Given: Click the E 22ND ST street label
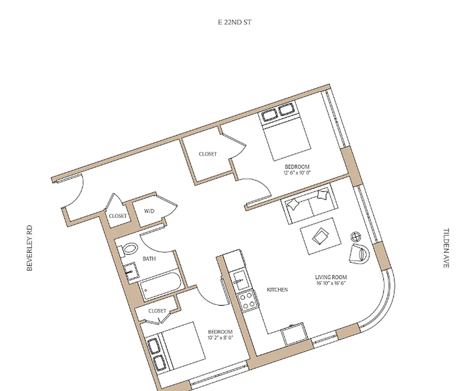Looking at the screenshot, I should tap(235, 22).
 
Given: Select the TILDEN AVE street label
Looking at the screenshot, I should tap(446, 248).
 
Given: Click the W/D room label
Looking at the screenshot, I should tap(149, 211).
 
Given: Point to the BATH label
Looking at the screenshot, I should tap(149, 259).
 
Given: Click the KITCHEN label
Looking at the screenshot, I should tap(277, 290).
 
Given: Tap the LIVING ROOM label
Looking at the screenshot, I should tap(331, 277).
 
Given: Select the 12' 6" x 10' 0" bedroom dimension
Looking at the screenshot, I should tap(297, 173).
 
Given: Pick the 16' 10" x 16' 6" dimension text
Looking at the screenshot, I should tap(331, 283).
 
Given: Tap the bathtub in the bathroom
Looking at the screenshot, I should tap(161, 286).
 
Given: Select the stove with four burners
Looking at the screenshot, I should tap(246, 299).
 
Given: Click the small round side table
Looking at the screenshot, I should tap(356, 237).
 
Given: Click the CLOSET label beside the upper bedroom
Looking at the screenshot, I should tap(207, 154).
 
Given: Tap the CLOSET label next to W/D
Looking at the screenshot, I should tap(117, 216).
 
